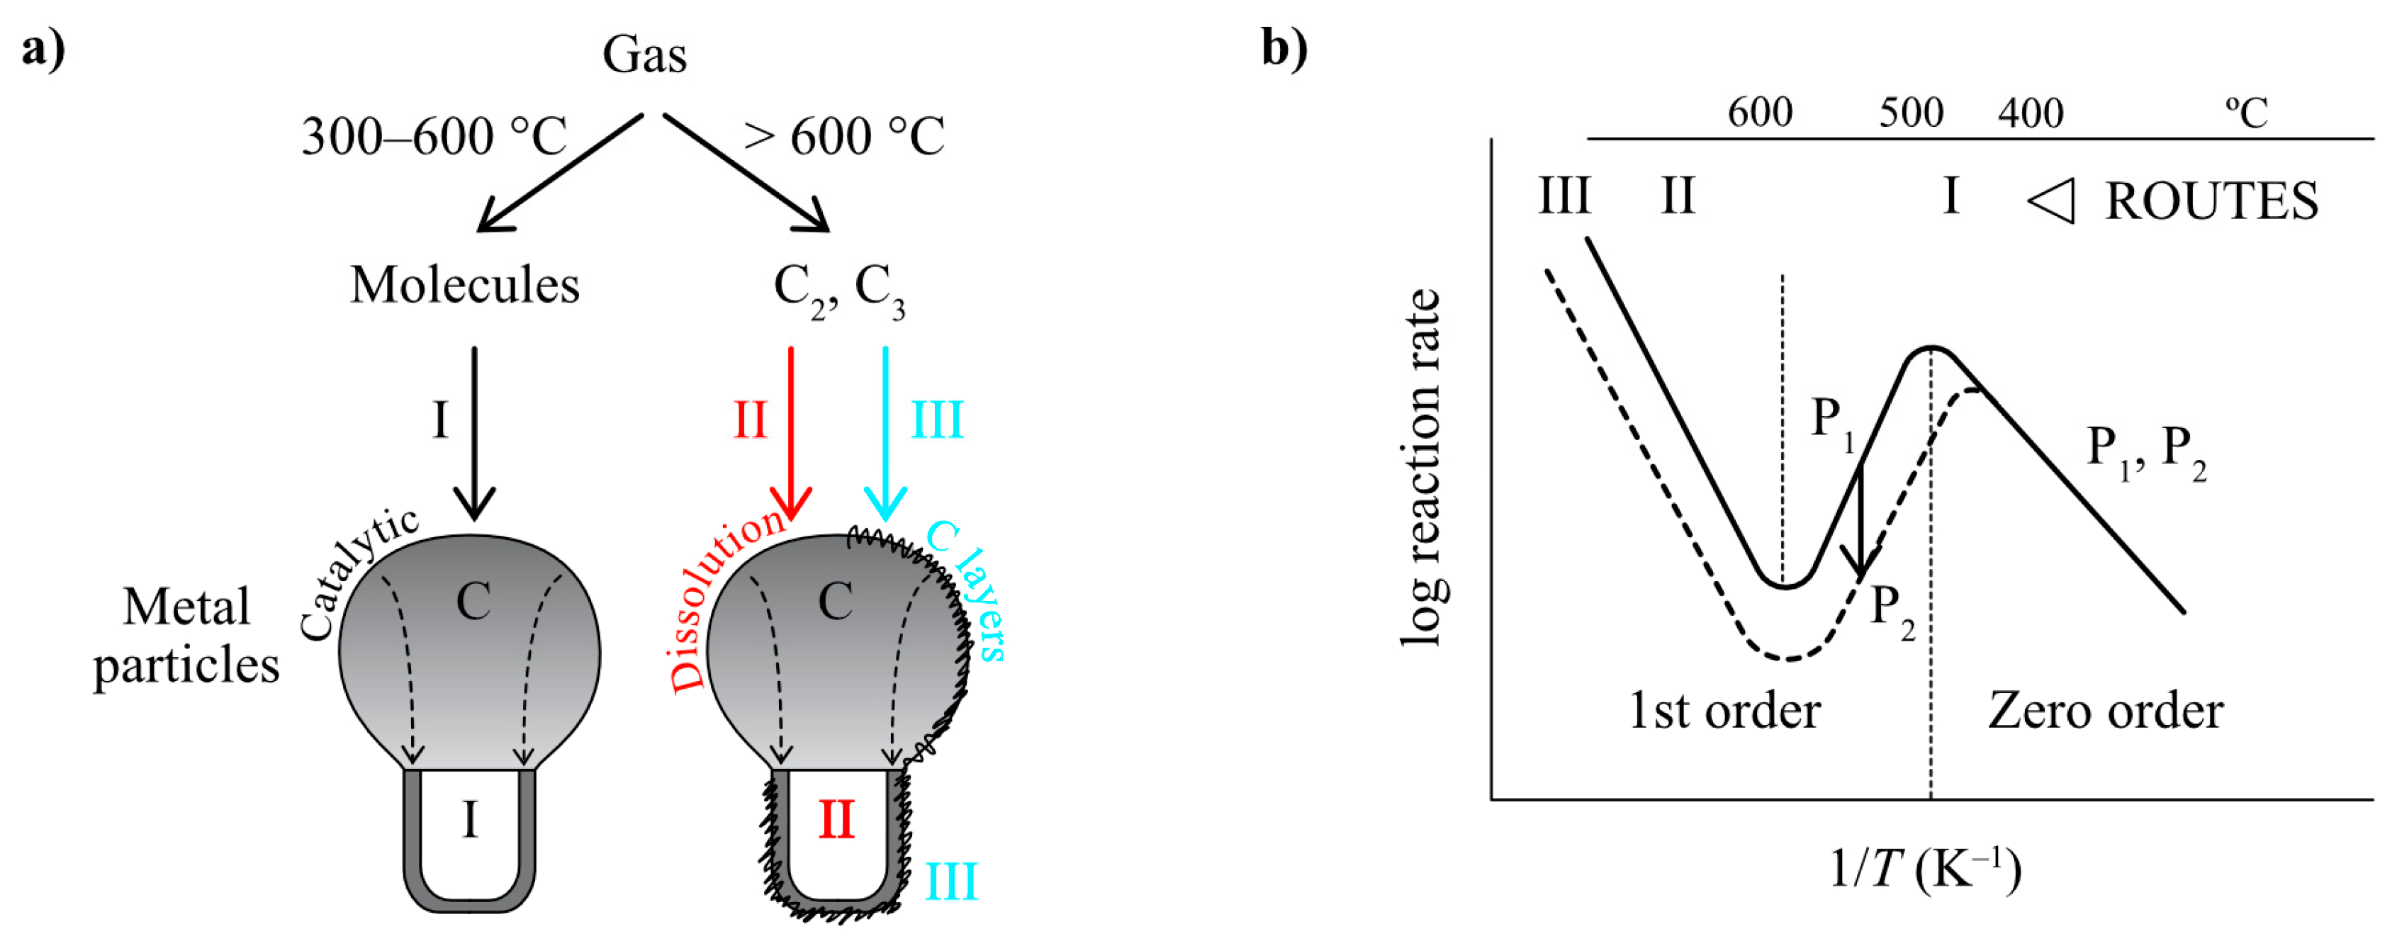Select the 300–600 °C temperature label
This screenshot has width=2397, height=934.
[434, 137]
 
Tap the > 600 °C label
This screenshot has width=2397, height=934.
[844, 136]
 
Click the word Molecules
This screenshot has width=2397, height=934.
[464, 285]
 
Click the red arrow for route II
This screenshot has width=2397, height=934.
[791, 428]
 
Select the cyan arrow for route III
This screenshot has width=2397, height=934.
[885, 428]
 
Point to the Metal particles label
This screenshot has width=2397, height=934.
[186, 636]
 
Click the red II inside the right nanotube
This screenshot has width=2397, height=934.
[836, 821]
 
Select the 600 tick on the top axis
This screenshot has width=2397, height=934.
[1760, 113]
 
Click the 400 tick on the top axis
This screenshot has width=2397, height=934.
[2031, 113]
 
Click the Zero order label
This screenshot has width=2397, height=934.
[2105, 711]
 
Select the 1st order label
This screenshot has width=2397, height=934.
[1724, 711]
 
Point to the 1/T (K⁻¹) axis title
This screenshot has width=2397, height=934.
[1924, 870]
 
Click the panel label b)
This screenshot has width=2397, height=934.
[1284, 47]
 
